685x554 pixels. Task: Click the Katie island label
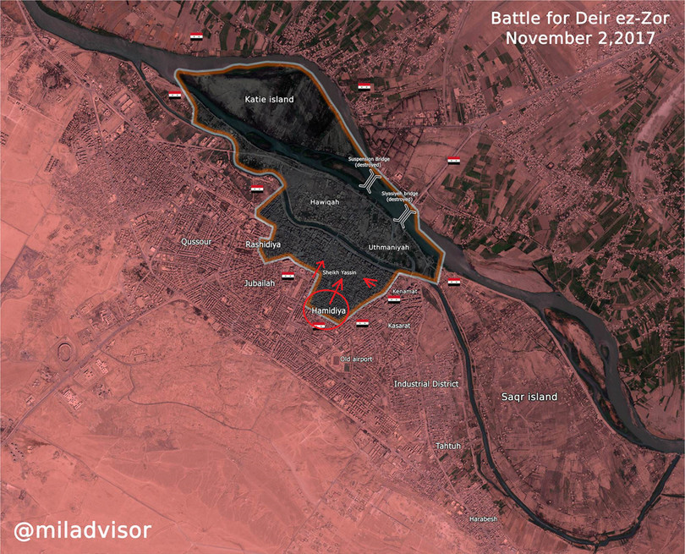pyautogui.click(x=269, y=100)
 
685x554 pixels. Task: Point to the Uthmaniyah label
pyautogui.click(x=389, y=247)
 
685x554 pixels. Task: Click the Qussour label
pyautogui.click(x=195, y=241)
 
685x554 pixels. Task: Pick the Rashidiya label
pyautogui.click(x=262, y=244)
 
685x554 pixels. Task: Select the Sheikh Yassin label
pyautogui.click(x=339, y=273)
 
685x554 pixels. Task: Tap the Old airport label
pyautogui.click(x=356, y=359)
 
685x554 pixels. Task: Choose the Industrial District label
pyautogui.click(x=426, y=384)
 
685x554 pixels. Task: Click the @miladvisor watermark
pyautogui.click(x=81, y=530)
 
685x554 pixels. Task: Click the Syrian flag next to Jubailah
pyautogui.click(x=288, y=277)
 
